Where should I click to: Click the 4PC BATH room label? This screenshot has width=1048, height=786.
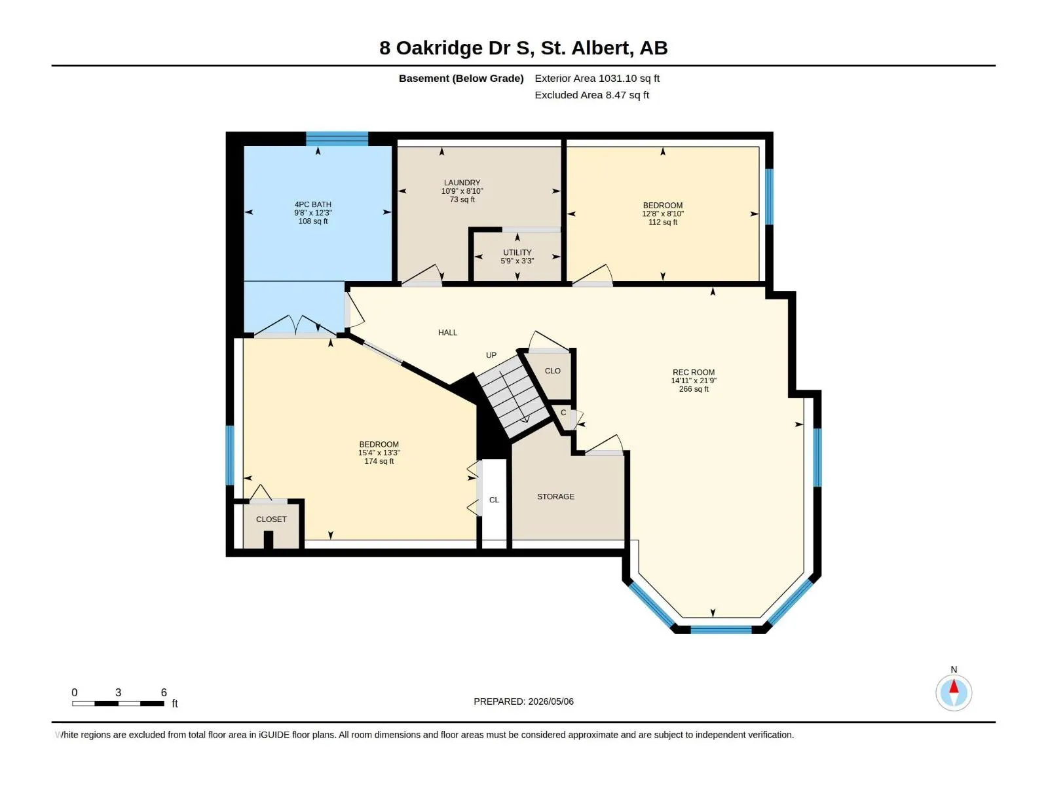pos(312,204)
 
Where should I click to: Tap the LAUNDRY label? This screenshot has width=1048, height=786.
pos(462,183)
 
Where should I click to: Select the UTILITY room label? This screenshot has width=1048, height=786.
pos(517,252)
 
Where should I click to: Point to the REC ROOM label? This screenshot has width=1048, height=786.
pos(693,372)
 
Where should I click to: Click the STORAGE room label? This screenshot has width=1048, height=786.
pos(555,496)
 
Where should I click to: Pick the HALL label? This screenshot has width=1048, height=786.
pos(447,333)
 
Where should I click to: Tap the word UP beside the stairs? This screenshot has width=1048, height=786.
pos(491,355)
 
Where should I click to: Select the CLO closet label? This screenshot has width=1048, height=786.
pos(552,371)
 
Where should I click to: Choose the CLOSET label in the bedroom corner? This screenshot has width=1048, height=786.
pos(271,519)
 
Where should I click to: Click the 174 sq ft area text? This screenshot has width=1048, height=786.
pos(379,461)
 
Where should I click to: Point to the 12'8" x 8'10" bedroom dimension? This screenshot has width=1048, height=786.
pos(663,214)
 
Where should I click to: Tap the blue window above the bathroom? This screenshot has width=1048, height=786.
pos(337,139)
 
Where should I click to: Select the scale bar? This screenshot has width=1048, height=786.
pos(118,703)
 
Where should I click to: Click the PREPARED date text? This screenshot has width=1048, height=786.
pos(523,702)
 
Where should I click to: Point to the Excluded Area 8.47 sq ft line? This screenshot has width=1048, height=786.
pos(591,95)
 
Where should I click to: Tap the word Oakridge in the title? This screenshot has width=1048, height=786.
pos(440,48)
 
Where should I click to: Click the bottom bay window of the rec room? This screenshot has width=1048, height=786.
pos(721,630)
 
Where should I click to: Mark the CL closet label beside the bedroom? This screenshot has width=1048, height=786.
pos(494,500)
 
